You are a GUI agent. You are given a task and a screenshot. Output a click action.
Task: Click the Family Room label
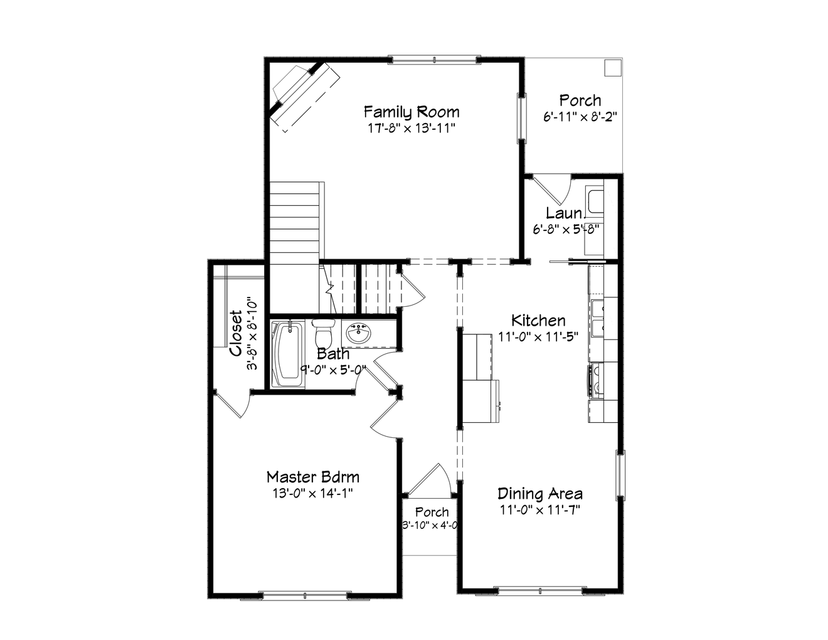[411, 112]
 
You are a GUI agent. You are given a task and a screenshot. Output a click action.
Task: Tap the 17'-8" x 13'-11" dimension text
[411, 128]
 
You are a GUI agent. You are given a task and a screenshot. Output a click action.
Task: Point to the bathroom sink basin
[358, 333]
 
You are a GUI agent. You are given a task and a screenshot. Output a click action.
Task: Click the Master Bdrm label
[312, 477]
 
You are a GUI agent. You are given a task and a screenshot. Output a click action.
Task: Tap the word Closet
[236, 333]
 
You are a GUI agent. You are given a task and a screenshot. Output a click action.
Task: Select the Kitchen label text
[538, 321]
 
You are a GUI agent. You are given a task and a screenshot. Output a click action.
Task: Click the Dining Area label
[539, 494]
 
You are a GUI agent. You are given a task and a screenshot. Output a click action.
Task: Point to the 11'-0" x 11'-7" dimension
[539, 509]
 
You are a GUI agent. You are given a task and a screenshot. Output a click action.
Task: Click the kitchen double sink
[596, 318]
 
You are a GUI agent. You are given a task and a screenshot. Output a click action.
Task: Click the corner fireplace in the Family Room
[301, 91]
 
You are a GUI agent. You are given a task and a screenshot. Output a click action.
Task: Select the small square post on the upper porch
[612, 67]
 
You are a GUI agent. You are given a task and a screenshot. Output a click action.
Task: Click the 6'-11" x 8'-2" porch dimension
[580, 116]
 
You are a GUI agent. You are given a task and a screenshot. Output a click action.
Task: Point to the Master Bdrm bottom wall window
[304, 594]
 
